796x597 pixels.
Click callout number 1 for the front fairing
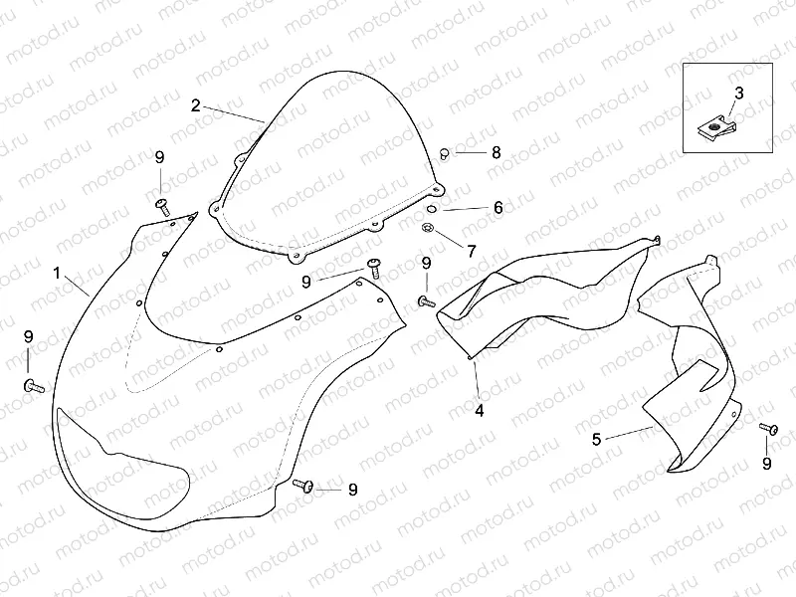57,272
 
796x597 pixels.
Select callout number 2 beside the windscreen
196,104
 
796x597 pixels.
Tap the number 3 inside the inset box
738,93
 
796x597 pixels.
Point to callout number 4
479,409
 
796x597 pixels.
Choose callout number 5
596,437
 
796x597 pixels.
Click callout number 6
497,208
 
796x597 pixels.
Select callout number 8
496,152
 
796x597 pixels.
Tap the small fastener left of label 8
445,152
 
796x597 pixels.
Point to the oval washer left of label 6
432,209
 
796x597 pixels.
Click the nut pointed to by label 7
427,230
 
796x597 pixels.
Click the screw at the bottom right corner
767,428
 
